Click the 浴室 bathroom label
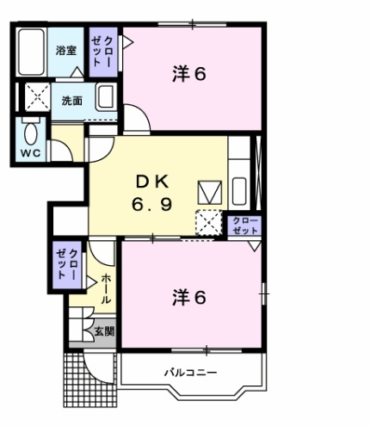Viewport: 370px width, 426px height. click(x=66, y=51)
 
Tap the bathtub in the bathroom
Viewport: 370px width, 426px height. click(x=31, y=52)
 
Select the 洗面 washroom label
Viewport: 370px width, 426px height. click(x=72, y=101)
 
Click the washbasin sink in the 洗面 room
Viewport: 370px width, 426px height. click(x=106, y=96)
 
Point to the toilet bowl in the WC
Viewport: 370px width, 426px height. click(x=31, y=133)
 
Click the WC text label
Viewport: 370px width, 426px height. click(x=30, y=153)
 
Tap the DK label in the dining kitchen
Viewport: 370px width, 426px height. click(x=152, y=182)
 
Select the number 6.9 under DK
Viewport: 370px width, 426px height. click(x=152, y=205)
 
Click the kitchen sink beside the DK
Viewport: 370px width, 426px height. click(x=239, y=191)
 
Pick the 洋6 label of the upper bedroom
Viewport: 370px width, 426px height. click(x=189, y=74)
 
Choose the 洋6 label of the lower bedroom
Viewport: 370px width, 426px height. click(x=189, y=298)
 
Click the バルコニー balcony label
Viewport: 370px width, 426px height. click(x=190, y=373)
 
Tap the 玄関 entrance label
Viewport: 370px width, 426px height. click(x=104, y=331)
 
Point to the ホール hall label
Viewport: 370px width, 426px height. click(x=106, y=288)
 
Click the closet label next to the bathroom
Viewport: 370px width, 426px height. click(x=102, y=52)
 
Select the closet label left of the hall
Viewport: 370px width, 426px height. click(x=67, y=264)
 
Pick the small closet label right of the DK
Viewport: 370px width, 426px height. click(x=245, y=225)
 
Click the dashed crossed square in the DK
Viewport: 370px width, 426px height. click(x=209, y=223)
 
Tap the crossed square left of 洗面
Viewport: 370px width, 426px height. click(x=38, y=96)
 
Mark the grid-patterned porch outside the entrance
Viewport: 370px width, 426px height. click(x=89, y=380)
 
